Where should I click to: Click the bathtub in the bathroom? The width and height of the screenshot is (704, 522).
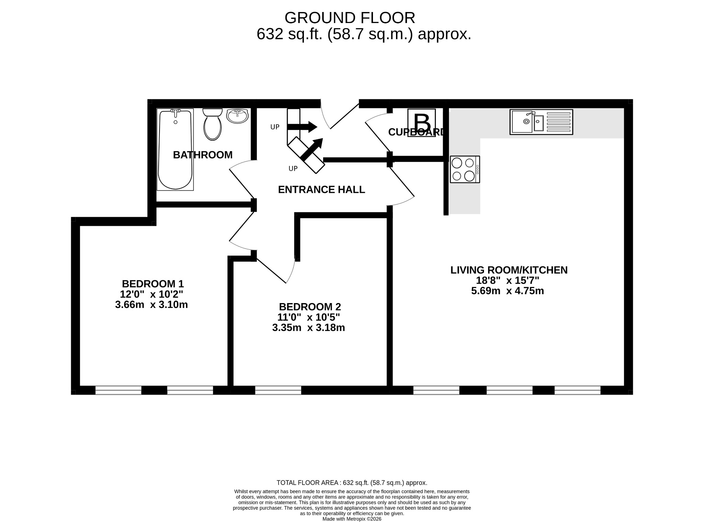pyautogui.click(x=175, y=149)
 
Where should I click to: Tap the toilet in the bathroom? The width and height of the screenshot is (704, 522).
pyautogui.click(x=212, y=124)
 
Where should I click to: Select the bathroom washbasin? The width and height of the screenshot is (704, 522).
pyautogui.click(x=237, y=116)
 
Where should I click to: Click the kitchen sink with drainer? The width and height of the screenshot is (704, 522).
pyautogui.click(x=541, y=122)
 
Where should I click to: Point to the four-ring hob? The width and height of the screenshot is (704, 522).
pyautogui.click(x=465, y=169)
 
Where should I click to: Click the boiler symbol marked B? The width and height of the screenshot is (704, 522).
pyautogui.click(x=421, y=123)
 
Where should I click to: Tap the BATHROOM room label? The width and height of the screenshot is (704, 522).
pyautogui.click(x=203, y=155)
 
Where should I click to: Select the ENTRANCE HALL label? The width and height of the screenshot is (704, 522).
pyautogui.click(x=321, y=190)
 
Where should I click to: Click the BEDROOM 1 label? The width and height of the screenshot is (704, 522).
pyautogui.click(x=153, y=284)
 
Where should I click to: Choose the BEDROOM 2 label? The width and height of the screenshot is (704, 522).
pyautogui.click(x=310, y=307)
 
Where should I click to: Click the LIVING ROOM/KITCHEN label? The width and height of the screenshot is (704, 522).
pyautogui.click(x=509, y=270)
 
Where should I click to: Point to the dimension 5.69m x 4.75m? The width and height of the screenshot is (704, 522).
pyautogui.click(x=507, y=291)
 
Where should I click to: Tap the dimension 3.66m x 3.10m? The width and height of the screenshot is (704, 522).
pyautogui.click(x=152, y=305)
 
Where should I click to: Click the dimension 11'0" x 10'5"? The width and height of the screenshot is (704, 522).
pyautogui.click(x=309, y=317)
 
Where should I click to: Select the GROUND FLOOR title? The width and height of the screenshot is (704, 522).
pyautogui.click(x=350, y=18)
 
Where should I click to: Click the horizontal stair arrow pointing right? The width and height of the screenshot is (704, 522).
pyautogui.click(x=302, y=127)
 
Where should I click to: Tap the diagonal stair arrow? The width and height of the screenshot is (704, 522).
pyautogui.click(x=312, y=149)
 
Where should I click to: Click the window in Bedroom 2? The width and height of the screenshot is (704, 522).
pyautogui.click(x=278, y=390)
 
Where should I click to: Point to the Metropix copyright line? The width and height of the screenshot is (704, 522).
pyautogui.click(x=352, y=519)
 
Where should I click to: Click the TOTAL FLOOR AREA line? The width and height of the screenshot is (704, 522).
pyautogui.click(x=352, y=483)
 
